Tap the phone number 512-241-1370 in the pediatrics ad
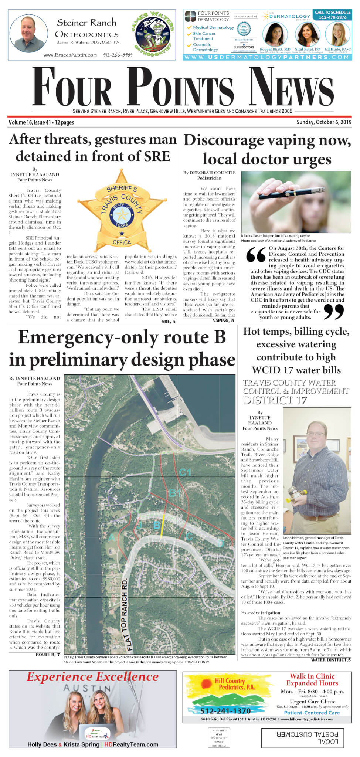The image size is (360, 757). coord(225,711)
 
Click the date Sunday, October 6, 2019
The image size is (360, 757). coord(324,122)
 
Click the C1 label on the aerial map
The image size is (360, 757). coord(185,472)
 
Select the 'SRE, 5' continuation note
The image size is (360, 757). coord(169,322)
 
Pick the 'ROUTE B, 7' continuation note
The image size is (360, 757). coord(48,654)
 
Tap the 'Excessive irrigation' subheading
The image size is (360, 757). coord(261,612)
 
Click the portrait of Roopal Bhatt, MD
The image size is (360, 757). coord(275,34)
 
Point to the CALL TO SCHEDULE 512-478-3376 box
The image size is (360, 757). coord(333,15)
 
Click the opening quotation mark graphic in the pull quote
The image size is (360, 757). coord(256,254)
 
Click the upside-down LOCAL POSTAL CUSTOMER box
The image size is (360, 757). coord(307,738)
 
